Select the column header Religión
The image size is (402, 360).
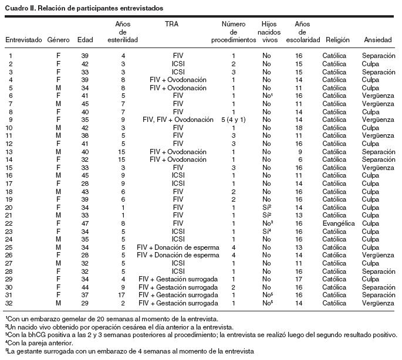click(x=336, y=40)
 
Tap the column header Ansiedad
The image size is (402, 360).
click(x=378, y=40)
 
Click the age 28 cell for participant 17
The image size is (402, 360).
click(x=85, y=183)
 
